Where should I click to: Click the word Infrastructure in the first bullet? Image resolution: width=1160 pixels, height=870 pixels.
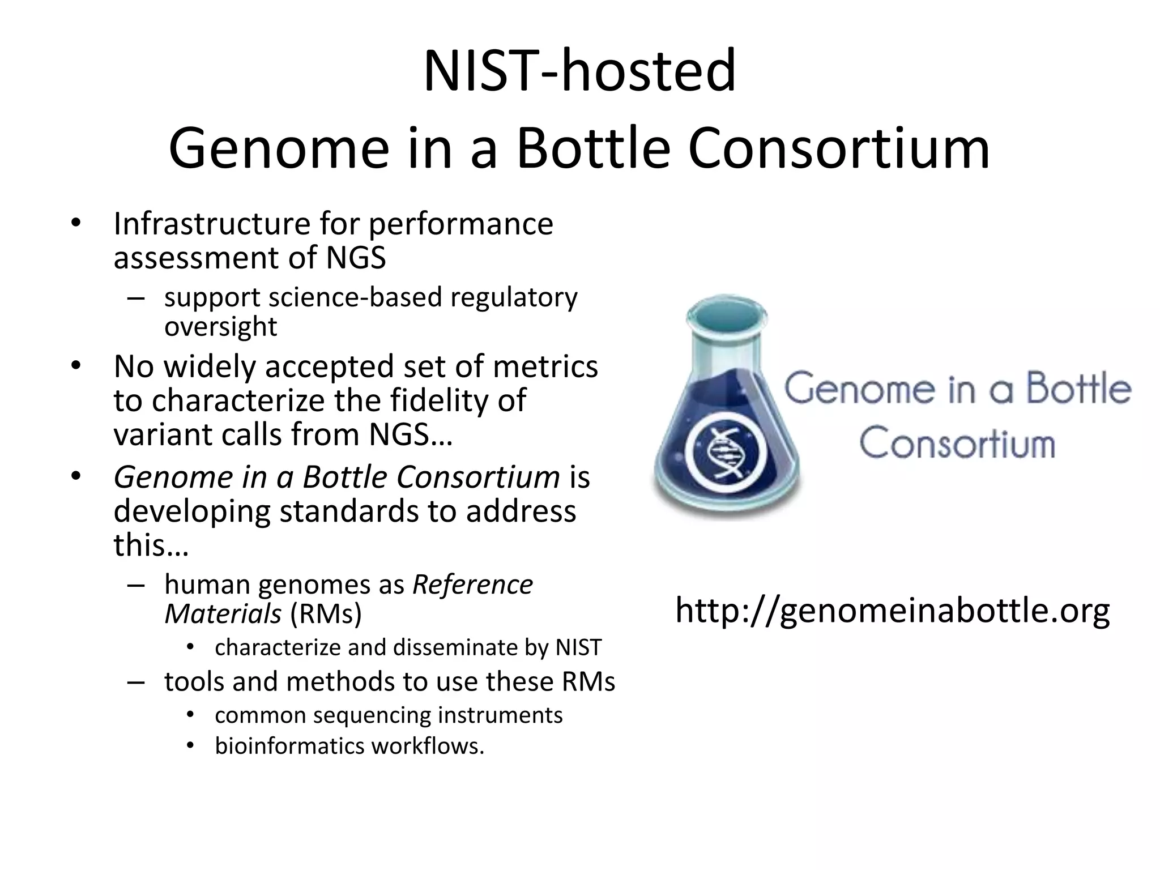[x=211, y=224]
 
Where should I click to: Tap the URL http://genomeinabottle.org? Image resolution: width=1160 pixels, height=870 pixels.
[x=892, y=611]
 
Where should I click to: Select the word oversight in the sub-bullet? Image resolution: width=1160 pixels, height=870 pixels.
[x=220, y=326]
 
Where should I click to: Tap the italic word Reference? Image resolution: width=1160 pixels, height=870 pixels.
[x=472, y=585]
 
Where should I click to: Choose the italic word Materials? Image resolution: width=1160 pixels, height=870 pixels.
[x=223, y=613]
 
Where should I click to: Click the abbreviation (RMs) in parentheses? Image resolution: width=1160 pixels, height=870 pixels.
[x=326, y=613]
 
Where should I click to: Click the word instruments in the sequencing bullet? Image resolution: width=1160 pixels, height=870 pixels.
[x=500, y=715]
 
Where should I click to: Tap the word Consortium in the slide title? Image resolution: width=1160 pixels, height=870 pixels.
[x=839, y=148]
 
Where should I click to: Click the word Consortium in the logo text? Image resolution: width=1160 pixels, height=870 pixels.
[x=957, y=443]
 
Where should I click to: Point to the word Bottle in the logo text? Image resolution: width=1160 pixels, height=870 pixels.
[x=1079, y=389]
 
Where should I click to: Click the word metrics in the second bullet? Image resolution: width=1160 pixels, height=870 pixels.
[x=545, y=366]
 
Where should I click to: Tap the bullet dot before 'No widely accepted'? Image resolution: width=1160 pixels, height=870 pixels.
[x=76, y=365]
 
